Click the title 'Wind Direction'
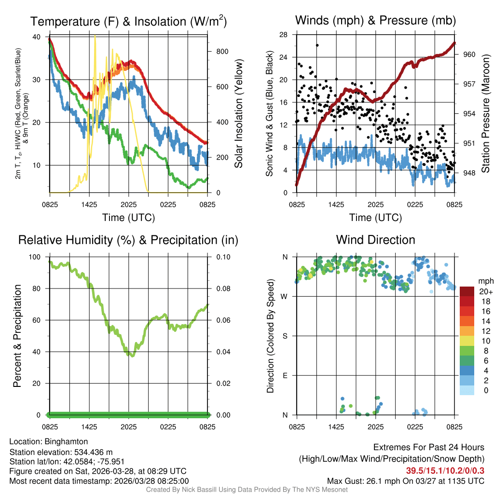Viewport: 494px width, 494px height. point(375,240)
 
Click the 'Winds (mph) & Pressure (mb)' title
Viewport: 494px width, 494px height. point(375,21)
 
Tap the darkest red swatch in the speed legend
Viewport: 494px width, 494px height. point(467,291)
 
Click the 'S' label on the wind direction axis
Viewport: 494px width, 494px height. point(285,336)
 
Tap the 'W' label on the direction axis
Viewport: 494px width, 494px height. point(285,296)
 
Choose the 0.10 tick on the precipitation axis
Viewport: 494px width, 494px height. point(222,257)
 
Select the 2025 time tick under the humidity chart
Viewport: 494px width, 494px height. point(129,426)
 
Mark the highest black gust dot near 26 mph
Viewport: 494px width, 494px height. point(317,45)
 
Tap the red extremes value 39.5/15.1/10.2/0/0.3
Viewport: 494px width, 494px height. point(445,470)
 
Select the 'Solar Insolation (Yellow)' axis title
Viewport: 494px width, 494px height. point(238,114)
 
